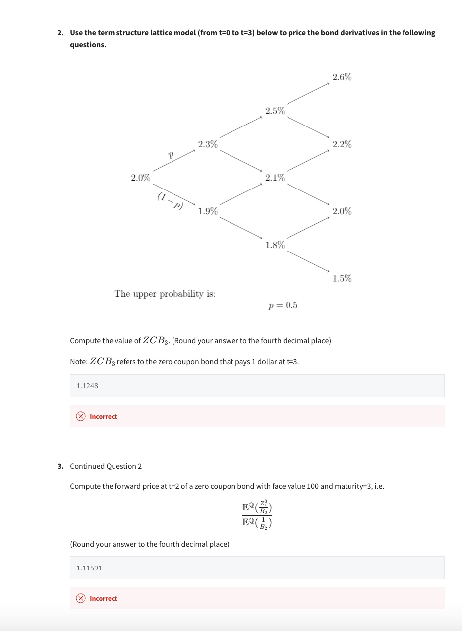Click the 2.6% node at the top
(x=342, y=77)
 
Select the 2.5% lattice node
(x=275, y=111)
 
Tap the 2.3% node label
(x=207, y=144)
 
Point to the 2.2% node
(x=342, y=144)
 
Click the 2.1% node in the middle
(x=275, y=178)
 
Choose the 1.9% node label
(x=207, y=211)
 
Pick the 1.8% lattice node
(x=275, y=245)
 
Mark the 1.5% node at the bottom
(x=342, y=278)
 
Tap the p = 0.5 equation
(x=283, y=305)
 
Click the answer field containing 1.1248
(x=257, y=385)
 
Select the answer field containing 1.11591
(x=257, y=568)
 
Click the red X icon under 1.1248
(x=81, y=417)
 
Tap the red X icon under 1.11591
(x=81, y=599)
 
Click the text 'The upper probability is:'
(x=165, y=294)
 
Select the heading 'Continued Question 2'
(x=106, y=466)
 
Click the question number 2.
(x=60, y=33)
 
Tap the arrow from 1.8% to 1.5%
(x=307, y=261)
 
